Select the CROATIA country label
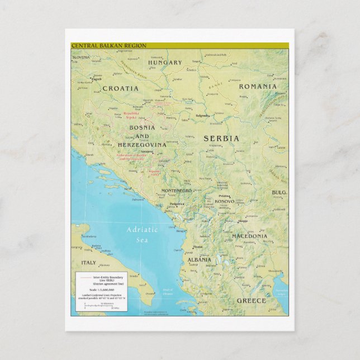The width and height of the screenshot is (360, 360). point(120,88)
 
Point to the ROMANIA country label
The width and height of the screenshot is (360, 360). point(258,87)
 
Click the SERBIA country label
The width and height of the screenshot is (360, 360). point(221,138)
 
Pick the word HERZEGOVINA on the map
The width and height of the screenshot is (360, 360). point(142,145)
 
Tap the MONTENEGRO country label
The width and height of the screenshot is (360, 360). point(176,191)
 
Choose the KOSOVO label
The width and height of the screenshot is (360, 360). point(224,201)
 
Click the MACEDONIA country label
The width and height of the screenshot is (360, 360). point(250,236)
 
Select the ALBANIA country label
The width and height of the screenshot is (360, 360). point(199,260)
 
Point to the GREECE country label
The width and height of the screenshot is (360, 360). point(251,301)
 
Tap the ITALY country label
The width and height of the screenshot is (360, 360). point(88,262)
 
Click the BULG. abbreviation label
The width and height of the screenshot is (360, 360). point(279,193)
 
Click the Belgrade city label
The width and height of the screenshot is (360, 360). point(202,116)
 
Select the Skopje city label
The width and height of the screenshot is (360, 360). point(243,221)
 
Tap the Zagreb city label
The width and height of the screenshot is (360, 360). point(96,79)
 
